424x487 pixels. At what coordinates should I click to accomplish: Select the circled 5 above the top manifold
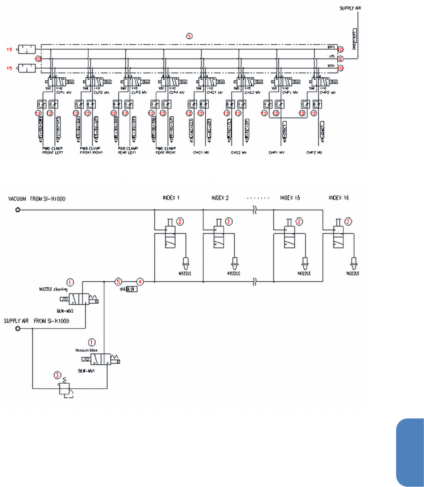[190, 36]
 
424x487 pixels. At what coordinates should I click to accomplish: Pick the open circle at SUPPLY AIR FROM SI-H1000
[18, 329]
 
